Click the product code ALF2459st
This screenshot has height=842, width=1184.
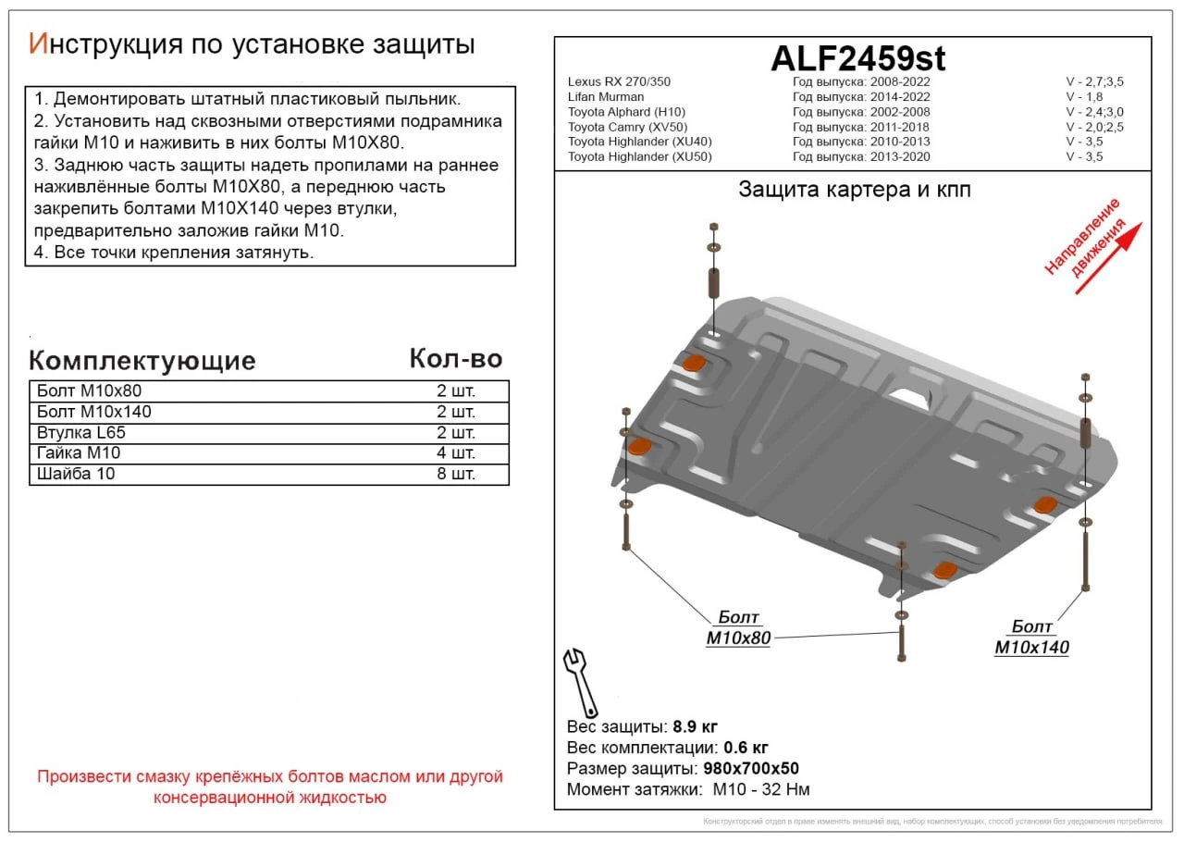[x=857, y=58]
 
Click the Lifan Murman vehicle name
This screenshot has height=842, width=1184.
[x=606, y=96]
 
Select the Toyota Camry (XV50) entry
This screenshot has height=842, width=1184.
[x=627, y=127]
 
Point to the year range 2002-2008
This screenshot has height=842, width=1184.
[x=899, y=112]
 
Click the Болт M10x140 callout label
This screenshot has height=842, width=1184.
[x=1031, y=638]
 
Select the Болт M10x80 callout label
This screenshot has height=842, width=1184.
[x=738, y=628]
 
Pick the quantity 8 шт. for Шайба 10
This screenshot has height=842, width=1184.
[x=456, y=474]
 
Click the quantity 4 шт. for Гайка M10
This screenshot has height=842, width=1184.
[x=456, y=452]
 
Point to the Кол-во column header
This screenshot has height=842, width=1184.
[x=455, y=359]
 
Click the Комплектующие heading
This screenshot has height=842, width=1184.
[x=142, y=360]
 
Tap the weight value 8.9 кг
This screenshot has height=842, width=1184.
[x=696, y=725]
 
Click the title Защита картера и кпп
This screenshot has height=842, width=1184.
[x=854, y=190]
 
